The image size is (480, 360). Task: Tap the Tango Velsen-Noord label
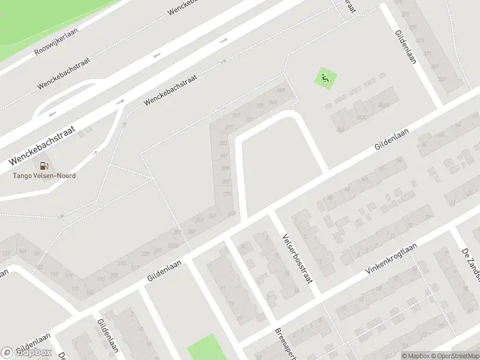(45, 176)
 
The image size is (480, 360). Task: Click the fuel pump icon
(44, 166)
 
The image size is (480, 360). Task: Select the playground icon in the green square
(325, 78)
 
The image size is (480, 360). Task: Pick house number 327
(236, 115)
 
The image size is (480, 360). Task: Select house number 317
(228, 128)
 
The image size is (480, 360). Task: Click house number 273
(227, 194)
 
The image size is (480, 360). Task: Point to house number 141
(23, 251)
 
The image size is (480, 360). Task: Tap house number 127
(6, 253)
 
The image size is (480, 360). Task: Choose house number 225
(145, 254)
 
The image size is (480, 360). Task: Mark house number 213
(121, 263)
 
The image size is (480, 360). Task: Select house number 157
(54, 274)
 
